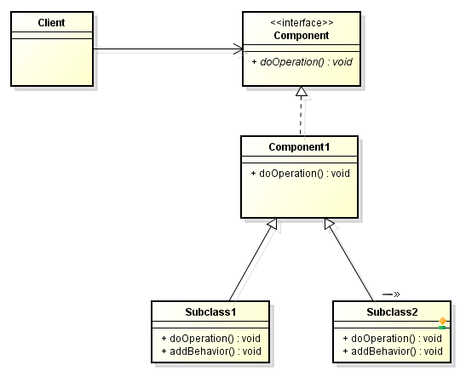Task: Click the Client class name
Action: [51, 23]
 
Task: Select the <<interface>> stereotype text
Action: [302, 23]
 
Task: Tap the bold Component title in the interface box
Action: [302, 36]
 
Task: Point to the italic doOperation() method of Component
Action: [302, 62]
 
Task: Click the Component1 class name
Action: [299, 147]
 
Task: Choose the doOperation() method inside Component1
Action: [301, 174]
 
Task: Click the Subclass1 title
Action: [210, 311]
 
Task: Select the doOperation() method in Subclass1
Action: [211, 338]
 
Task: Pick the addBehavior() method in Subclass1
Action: [211, 351]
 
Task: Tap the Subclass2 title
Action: [392, 311]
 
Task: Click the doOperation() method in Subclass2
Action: [392, 338]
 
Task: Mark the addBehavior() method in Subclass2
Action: [393, 351]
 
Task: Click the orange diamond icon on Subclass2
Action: [442, 321]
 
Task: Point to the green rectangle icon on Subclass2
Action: [442, 328]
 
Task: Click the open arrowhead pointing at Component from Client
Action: [239, 49]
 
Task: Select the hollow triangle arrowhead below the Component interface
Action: [302, 91]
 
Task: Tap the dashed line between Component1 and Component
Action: [301, 116]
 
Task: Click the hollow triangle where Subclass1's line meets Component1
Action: [273, 224]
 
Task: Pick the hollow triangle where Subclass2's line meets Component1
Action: [329, 224]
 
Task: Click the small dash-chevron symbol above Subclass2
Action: [391, 294]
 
